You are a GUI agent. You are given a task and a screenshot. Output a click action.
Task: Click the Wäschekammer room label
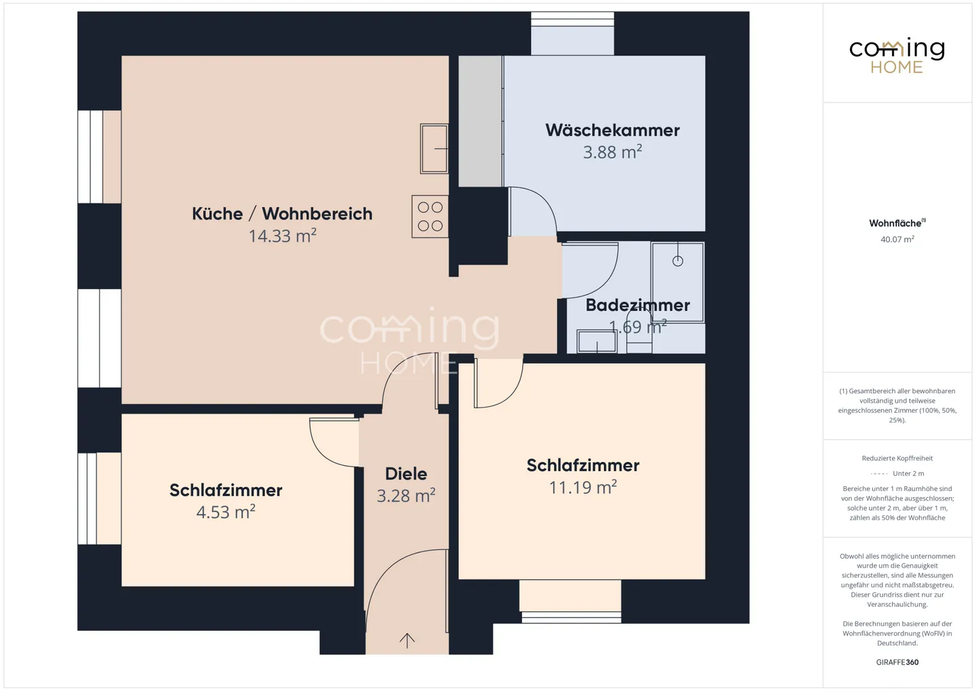tap(612, 130)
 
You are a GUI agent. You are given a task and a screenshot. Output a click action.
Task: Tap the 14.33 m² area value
tap(282, 236)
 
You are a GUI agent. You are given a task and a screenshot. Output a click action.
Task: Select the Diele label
tap(406, 474)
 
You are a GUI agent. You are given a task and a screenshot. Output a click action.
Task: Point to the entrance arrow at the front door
tap(407, 639)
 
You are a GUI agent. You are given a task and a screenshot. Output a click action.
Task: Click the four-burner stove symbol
tap(430, 216)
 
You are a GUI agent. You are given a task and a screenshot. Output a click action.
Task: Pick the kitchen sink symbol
tap(434, 149)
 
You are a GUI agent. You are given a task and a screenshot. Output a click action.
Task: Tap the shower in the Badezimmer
tap(677, 281)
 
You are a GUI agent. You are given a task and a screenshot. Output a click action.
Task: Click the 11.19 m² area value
tap(582, 488)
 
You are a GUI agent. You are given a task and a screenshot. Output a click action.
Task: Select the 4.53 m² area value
tap(226, 512)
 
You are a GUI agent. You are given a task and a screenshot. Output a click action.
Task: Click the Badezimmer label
tap(637, 305)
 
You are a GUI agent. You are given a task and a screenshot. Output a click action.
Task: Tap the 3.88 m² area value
tap(612, 152)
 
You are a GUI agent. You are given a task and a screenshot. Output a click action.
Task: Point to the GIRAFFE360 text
tap(897, 663)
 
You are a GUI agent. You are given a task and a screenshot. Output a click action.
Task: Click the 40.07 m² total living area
tap(897, 239)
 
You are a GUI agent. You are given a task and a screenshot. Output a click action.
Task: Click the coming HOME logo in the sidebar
tap(897, 56)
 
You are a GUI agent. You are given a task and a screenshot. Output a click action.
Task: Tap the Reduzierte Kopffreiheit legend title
tap(897, 458)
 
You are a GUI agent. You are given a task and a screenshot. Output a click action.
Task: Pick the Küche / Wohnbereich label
tap(282, 214)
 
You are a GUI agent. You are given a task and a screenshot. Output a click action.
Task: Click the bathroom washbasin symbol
tap(596, 341)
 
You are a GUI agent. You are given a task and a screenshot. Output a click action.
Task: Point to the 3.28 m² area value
tap(406, 496)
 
